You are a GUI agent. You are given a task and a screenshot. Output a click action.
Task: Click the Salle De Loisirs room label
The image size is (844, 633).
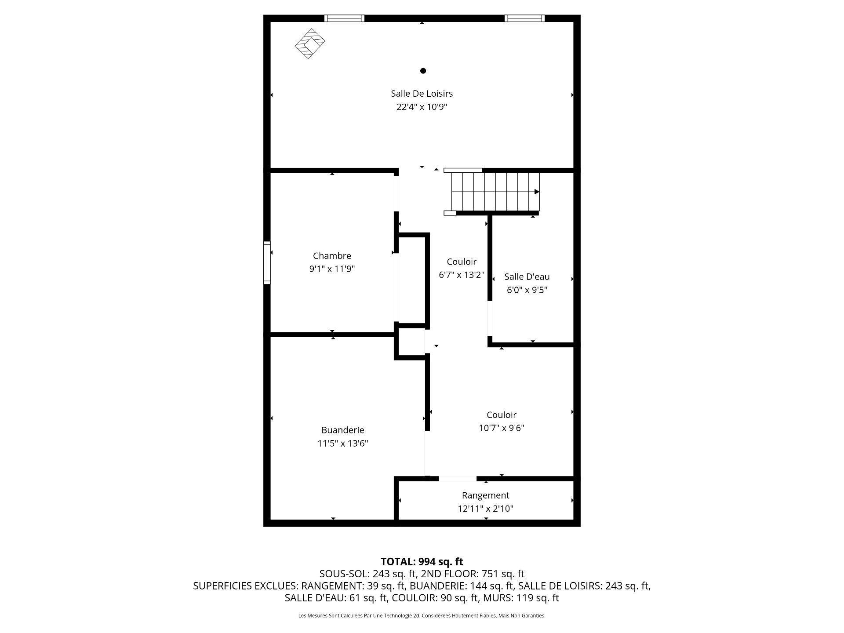pyautogui.click(x=422, y=94)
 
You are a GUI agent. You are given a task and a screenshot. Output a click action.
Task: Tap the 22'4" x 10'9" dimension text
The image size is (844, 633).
pyautogui.click(x=422, y=107)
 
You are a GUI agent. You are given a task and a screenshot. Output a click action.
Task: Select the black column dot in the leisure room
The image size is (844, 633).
pyautogui.click(x=423, y=71)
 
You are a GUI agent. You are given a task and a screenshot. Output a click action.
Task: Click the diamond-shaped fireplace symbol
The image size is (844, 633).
pyautogui.click(x=310, y=44)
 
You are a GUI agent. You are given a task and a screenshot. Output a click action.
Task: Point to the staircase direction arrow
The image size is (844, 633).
pyautogui.click(x=536, y=192)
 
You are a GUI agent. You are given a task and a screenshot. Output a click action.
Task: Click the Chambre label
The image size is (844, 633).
pyautogui.click(x=332, y=256)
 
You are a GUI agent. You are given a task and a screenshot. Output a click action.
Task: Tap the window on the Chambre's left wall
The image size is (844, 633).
pyautogui.click(x=267, y=262)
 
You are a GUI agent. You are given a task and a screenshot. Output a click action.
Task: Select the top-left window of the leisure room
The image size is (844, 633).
pyautogui.click(x=344, y=18)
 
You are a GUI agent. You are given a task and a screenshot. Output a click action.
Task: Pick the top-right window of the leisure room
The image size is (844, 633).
pyautogui.click(x=524, y=18)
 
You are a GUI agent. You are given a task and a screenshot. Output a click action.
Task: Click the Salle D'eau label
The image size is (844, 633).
pyautogui.click(x=527, y=277)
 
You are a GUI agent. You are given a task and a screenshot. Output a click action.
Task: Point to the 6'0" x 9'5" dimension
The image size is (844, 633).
pyautogui.click(x=527, y=290)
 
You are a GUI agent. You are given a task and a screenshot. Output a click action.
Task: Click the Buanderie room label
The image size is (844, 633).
pyautogui.click(x=342, y=430)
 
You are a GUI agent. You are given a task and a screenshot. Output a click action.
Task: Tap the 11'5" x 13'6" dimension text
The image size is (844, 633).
pyautogui.click(x=342, y=444)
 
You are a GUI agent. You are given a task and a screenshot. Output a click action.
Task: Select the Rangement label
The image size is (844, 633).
pyautogui.click(x=485, y=495)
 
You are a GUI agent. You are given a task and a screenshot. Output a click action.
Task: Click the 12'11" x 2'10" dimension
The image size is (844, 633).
pyautogui.click(x=485, y=509)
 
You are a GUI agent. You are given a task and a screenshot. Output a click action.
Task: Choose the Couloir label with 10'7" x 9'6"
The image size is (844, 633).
pyautogui.click(x=501, y=415)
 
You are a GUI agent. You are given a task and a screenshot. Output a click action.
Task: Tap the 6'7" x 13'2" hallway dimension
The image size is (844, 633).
pyautogui.click(x=461, y=275)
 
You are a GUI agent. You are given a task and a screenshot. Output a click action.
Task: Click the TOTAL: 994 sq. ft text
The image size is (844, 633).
pyautogui.click(x=422, y=562)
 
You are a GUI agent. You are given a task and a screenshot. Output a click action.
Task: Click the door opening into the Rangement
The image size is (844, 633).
pyautogui.click(x=457, y=479)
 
